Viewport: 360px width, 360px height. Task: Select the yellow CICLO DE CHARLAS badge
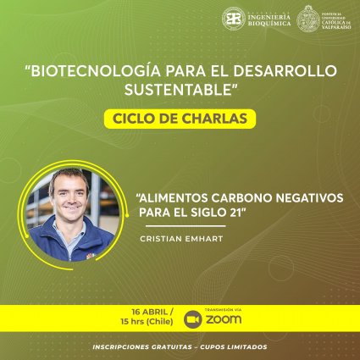coord(180,118)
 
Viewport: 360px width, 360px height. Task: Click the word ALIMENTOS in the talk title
coord(173,197)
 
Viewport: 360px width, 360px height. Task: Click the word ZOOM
coord(224,320)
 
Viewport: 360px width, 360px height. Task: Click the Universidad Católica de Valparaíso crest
coord(307,19)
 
